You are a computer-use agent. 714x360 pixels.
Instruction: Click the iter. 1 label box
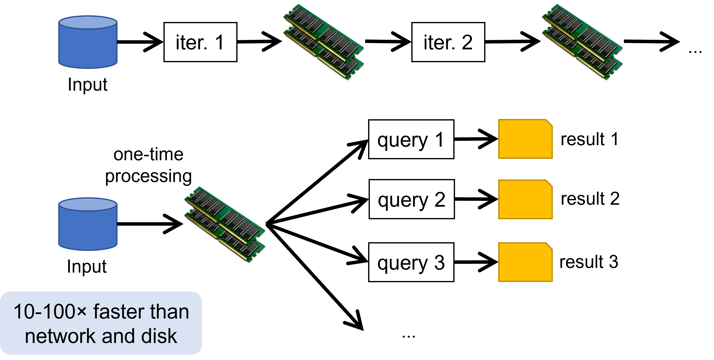coord(200,42)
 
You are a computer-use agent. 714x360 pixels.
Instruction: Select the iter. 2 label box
coord(448,42)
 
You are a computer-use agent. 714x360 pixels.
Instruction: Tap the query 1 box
coord(411,140)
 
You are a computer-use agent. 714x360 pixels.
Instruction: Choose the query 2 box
coord(412,199)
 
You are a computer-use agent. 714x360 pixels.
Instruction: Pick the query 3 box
coord(411,262)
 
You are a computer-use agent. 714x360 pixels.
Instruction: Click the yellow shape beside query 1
coord(525,139)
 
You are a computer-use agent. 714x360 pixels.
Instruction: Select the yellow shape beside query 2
coord(525,200)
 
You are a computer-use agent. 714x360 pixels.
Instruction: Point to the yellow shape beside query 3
coord(525,262)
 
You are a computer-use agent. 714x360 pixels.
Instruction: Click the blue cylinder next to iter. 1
coord(88,42)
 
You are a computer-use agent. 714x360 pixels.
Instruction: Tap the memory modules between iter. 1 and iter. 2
coord(323,41)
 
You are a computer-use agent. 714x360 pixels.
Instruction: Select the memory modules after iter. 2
coord(582,41)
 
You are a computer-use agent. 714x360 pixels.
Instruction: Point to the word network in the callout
coord(60,336)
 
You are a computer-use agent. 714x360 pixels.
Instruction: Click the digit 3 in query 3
coord(439,262)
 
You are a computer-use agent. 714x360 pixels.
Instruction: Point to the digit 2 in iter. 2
coord(467,42)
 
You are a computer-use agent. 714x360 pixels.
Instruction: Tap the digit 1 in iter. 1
coord(219,42)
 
